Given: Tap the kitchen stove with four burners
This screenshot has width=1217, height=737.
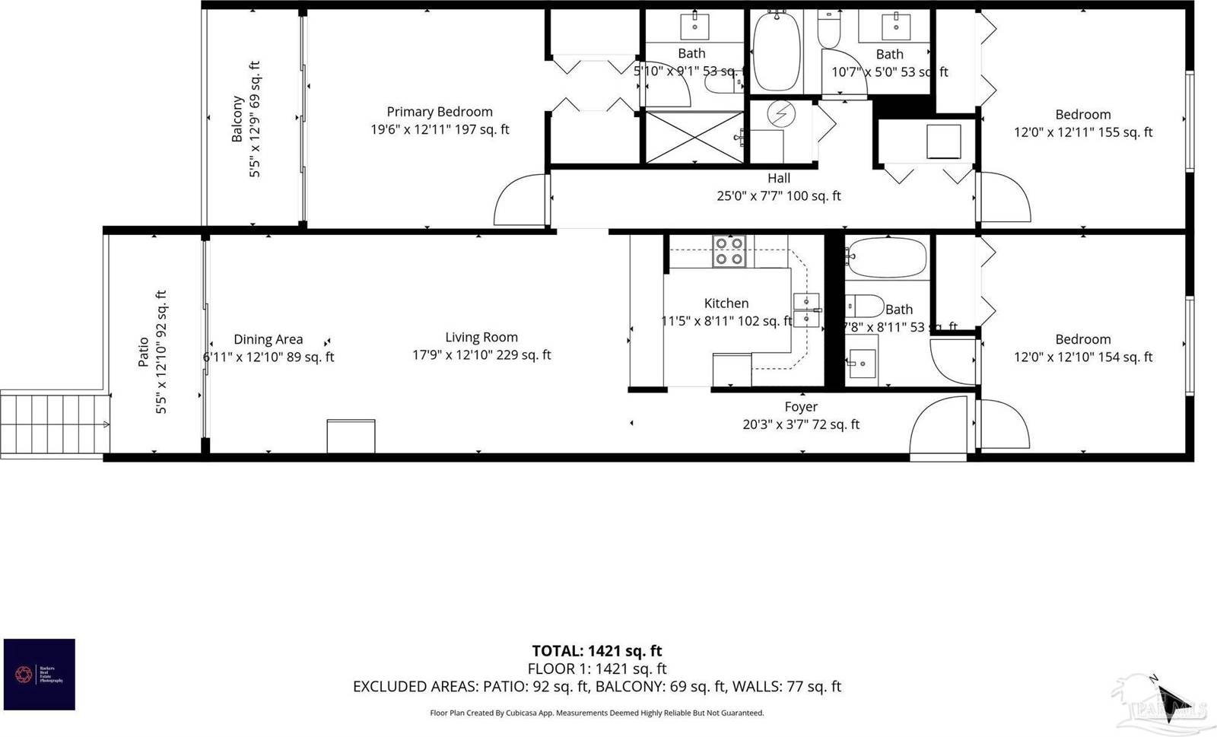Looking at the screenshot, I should click(728, 252).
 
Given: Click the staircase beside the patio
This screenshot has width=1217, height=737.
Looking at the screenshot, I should click(53, 424).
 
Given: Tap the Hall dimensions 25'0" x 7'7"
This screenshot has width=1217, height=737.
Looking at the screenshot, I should click(779, 196).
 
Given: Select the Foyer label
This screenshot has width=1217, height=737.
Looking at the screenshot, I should click(801, 407).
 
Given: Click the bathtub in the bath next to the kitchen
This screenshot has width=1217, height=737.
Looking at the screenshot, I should click(886, 258).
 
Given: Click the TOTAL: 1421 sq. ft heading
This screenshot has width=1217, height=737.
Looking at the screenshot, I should click(596, 651).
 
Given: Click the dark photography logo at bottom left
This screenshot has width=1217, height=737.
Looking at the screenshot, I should click(40, 675).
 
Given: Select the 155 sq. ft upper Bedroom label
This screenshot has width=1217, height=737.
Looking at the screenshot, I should click(1083, 123).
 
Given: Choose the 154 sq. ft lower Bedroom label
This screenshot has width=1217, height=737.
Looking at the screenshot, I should click(1083, 348).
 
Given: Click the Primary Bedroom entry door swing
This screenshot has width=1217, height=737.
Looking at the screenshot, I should click(520, 201).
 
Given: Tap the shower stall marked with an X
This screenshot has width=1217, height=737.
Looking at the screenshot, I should click(694, 137).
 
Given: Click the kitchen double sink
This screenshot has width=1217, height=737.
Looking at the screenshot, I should click(806, 310).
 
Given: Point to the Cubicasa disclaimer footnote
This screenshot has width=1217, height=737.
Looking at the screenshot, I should click(596, 713).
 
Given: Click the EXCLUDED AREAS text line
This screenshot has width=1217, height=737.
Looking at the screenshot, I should click(596, 687).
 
